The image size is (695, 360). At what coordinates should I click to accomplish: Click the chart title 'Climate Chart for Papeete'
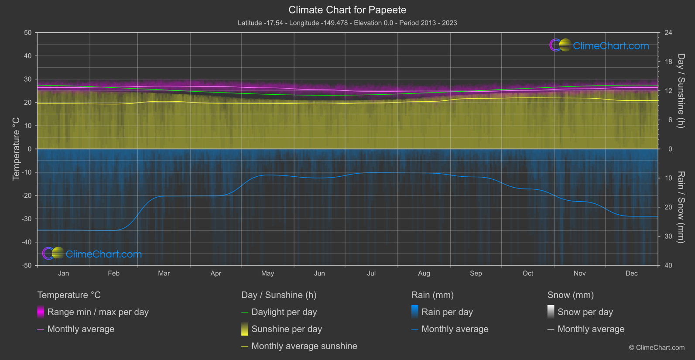coord(347,10)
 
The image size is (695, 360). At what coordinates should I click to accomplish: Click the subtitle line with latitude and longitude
coord(347,23)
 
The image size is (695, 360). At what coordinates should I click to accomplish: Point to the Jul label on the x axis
coord(371,273)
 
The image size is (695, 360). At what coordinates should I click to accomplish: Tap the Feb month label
coord(113,273)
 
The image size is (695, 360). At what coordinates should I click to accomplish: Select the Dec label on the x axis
coord(631,273)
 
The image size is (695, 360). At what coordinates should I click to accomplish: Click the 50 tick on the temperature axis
coord(28,33)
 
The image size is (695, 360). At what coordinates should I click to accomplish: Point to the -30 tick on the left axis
coord(27,219)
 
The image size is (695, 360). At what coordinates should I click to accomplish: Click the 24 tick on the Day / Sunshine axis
coord(668,33)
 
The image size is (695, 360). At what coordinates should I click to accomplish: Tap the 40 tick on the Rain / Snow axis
coord(668,265)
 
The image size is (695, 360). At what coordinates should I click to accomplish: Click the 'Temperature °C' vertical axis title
coord(16,149)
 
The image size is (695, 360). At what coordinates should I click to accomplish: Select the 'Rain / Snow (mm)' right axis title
coord(681,207)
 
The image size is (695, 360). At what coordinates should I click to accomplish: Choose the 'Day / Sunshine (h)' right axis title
coord(681,91)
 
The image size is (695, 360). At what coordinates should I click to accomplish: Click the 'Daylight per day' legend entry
coord(284,312)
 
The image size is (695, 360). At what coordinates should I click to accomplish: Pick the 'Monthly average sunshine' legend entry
coord(304,346)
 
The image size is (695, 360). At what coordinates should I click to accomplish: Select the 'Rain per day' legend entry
coord(447,312)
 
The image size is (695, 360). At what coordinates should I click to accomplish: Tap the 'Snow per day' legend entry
coord(585,312)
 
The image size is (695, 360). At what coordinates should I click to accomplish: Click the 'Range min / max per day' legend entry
coord(98,312)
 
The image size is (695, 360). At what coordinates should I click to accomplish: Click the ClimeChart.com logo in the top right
coord(599,45)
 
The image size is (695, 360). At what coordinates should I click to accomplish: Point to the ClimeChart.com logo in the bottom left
coord(92,254)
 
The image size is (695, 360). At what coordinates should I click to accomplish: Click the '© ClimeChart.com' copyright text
coord(657,347)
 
